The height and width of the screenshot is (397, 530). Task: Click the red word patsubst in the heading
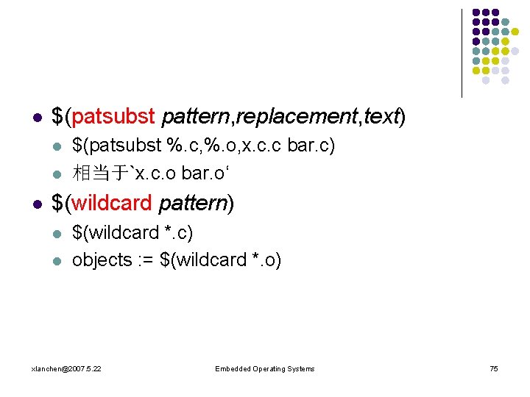[114, 116]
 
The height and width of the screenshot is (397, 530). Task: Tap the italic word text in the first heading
[381, 116]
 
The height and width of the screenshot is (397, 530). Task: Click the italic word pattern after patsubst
[193, 116]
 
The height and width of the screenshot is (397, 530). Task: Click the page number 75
[494, 368]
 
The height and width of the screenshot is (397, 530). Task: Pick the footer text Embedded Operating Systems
[264, 368]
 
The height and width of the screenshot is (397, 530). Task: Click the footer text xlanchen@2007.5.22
[67, 368]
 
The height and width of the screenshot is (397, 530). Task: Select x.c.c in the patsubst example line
[262, 146]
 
